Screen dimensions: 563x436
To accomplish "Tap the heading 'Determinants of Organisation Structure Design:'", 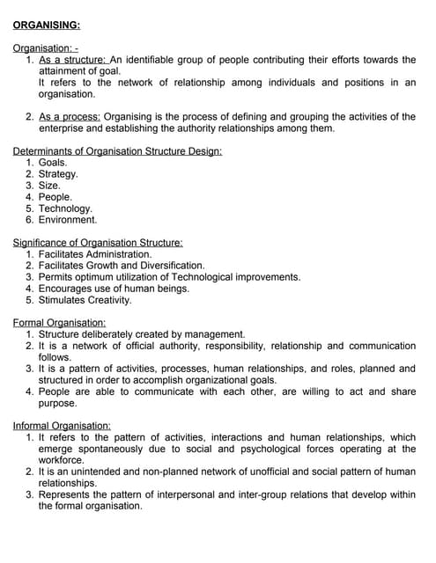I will pos(117,151).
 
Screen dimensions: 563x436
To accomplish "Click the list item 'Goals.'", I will pos(53,163).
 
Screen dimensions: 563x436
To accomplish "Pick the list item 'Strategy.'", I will pos(58,174).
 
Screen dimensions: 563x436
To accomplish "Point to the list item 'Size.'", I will pos(49,186).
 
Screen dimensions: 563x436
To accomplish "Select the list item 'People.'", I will pos(55,197).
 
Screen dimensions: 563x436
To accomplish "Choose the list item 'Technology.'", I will pos(65,208).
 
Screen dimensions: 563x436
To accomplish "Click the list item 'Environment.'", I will pos(68,220).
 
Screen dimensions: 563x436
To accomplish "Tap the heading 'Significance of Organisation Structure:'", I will pos(98,243).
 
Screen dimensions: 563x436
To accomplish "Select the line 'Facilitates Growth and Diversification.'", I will pos(122,266).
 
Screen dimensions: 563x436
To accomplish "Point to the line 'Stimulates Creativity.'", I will pos(85,300).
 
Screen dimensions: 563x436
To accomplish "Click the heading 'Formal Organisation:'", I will pos(60,323).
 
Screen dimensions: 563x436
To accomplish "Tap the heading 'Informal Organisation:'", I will pos(62,426).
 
